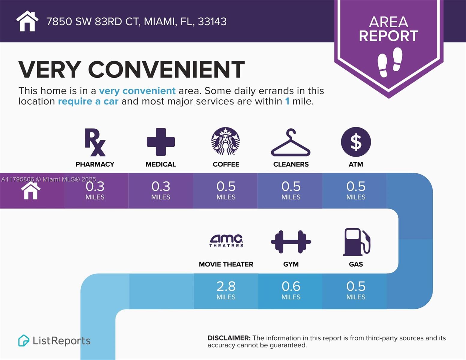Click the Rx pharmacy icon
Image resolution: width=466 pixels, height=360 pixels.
coord(95,142)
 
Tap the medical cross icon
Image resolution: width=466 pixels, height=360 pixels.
coord(161,142)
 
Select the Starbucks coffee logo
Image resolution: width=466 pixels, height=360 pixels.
coord(226,141)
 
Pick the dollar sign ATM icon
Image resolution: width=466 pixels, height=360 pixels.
coord(356,142)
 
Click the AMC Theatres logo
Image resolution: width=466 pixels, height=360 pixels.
coord(226,241)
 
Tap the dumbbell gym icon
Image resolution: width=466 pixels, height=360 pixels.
coord(291,242)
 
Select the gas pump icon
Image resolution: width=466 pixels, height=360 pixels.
coord(356,242)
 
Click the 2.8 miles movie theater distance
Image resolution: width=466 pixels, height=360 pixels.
coord(226,290)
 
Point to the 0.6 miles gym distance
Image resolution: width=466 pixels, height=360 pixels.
coord(291,290)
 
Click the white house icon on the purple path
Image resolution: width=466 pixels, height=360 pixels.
coord(31,191)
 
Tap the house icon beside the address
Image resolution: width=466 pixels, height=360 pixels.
coord(27,21)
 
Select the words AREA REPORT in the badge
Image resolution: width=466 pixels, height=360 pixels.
coord(389,29)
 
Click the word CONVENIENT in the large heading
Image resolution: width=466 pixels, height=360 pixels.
coord(166,70)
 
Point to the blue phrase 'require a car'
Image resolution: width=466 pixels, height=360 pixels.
coord(88,101)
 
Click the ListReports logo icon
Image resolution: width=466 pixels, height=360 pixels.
coord(24,340)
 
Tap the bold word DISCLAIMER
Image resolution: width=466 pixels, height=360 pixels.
coord(229,338)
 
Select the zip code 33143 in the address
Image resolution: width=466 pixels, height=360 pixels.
coord(212,22)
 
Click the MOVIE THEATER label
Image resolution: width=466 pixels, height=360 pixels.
coord(226,264)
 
